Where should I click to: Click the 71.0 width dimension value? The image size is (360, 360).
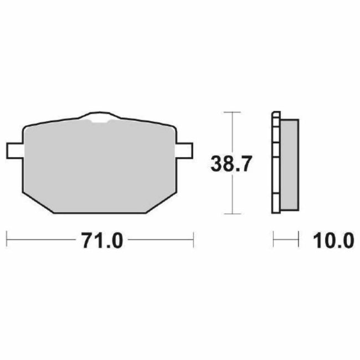(x=99, y=241)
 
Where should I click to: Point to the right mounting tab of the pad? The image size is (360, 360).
(x=186, y=150)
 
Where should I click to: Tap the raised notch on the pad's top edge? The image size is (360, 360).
(x=99, y=117)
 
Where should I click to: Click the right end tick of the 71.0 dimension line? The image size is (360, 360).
(x=193, y=241)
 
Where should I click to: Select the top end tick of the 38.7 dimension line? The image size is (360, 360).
(x=232, y=112)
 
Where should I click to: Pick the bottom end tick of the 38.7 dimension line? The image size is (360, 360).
(x=232, y=214)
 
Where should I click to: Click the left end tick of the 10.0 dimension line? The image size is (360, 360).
(x=274, y=241)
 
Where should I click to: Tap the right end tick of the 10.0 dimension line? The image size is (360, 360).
(x=297, y=241)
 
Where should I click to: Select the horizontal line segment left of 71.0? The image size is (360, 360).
(x=39, y=241)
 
